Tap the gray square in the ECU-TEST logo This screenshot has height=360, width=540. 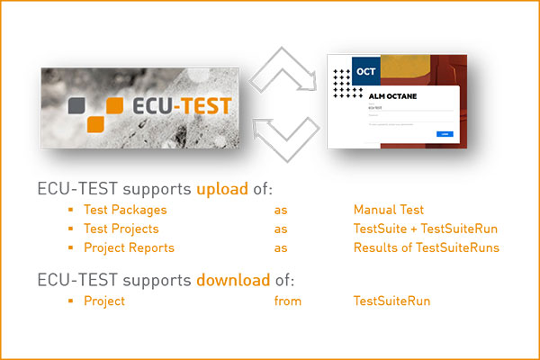tap(79, 103)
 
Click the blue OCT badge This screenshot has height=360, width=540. tap(365, 70)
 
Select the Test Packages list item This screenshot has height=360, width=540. tap(125, 210)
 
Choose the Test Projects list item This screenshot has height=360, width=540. tap(121, 229)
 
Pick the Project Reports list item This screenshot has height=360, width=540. tap(129, 247)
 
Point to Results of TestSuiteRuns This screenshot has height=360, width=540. tap(426, 247)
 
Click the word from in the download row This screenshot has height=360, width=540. tap(288, 301)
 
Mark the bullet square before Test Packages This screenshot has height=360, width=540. tap(69, 210)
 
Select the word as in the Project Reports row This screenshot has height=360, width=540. tap(281, 247)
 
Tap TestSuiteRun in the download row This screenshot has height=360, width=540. tap(391, 301)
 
